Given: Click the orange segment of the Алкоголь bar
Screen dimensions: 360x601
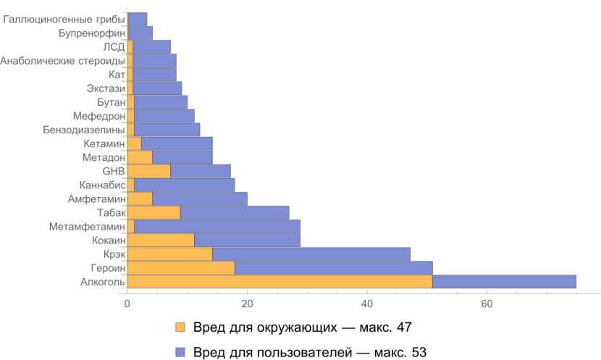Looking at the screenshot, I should coord(280,282).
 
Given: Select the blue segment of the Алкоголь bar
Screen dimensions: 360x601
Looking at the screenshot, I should coord(504,282).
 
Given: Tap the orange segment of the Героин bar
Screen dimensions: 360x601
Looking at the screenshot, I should coord(181,268).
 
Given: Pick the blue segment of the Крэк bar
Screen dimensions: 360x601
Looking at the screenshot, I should coord(311,254).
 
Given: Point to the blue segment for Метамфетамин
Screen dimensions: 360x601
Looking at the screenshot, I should coord(217,227).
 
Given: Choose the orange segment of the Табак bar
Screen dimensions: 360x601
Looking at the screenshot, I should coord(154,213).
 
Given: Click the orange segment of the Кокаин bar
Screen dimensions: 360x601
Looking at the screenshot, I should coord(161,240).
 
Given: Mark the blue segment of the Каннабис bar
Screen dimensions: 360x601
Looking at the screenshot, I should coord(184,185).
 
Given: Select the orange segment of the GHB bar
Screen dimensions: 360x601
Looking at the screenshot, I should coord(148,172).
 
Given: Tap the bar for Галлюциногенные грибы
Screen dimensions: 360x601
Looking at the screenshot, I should coord(138,20).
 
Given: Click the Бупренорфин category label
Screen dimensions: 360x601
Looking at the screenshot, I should coord(92,33).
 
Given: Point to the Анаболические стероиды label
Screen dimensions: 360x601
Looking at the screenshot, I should coord(63,61).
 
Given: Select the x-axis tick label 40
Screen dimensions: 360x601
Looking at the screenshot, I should coord(367,304).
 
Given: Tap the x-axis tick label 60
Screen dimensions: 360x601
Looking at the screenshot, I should coord(487,304).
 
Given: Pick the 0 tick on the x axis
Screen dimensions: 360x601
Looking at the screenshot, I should coord(127,304).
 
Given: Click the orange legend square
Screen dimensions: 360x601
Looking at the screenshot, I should coord(180,327).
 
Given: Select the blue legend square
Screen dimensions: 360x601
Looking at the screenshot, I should coord(180,352).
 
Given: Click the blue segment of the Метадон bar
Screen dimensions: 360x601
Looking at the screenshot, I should coord(182,158).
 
